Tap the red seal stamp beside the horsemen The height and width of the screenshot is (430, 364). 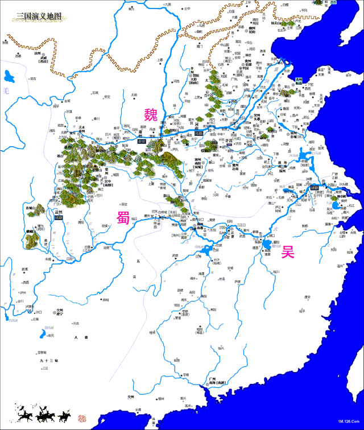[82, 418]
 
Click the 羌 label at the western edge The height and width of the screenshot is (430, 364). [6, 91]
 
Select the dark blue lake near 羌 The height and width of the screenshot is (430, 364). [9, 76]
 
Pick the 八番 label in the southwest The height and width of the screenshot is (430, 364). [81, 338]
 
